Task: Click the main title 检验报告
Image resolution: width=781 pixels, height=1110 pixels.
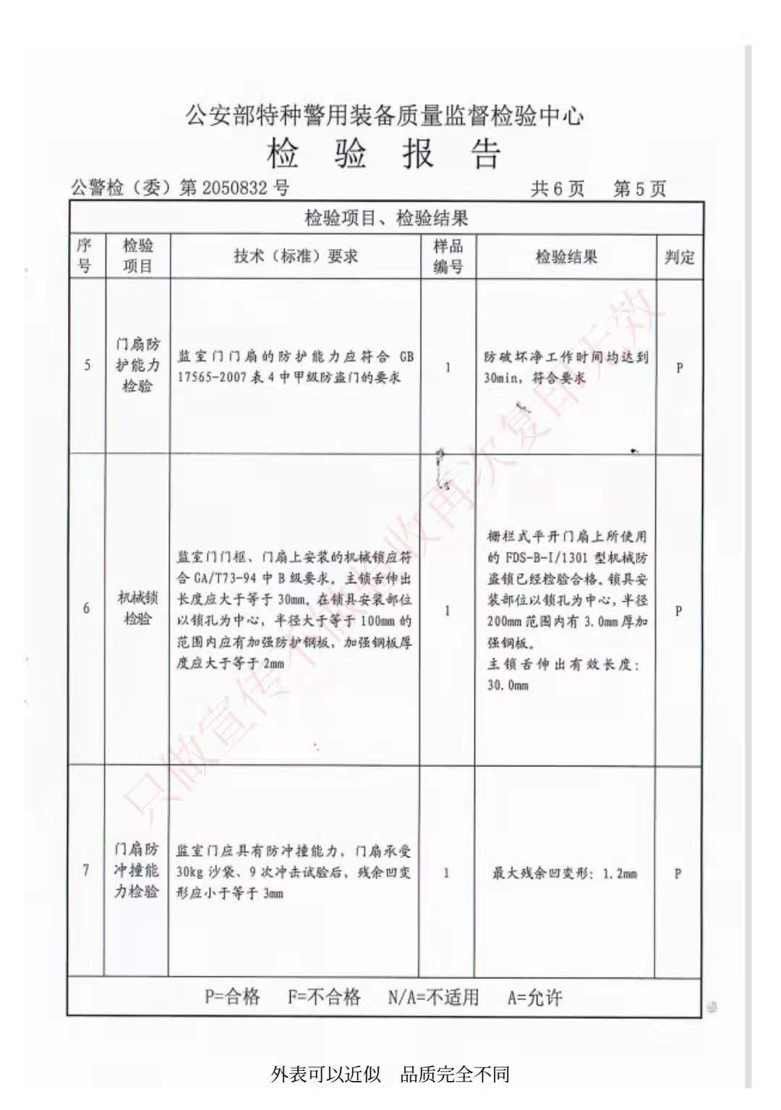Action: (384, 154)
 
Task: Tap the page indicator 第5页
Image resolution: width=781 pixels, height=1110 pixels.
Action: (639, 190)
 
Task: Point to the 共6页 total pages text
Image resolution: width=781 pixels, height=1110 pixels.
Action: (557, 190)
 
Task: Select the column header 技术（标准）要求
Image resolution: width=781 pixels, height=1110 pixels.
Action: (295, 256)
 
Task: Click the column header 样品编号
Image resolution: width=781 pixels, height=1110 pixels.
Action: (448, 256)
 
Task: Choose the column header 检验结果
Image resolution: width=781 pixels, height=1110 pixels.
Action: (566, 257)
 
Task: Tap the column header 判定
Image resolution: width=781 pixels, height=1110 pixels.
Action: (679, 257)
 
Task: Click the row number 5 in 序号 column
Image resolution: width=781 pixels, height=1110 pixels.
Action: (88, 365)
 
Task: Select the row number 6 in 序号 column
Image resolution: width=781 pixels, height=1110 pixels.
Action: (87, 609)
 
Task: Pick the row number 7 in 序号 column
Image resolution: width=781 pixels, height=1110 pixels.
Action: (86, 870)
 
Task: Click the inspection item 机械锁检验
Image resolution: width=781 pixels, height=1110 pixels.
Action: (137, 608)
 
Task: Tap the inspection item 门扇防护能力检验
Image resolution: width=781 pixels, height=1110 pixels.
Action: (137, 365)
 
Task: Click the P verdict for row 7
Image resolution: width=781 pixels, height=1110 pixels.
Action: (678, 874)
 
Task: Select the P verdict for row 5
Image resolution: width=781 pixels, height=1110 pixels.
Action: (679, 368)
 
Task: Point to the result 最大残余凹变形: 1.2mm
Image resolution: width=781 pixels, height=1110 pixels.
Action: (565, 874)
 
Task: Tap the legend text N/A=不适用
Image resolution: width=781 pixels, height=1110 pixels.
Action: (433, 998)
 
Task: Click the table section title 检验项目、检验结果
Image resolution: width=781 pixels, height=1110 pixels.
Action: (386, 219)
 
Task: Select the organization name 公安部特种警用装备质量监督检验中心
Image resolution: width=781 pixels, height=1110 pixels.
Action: (384, 116)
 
